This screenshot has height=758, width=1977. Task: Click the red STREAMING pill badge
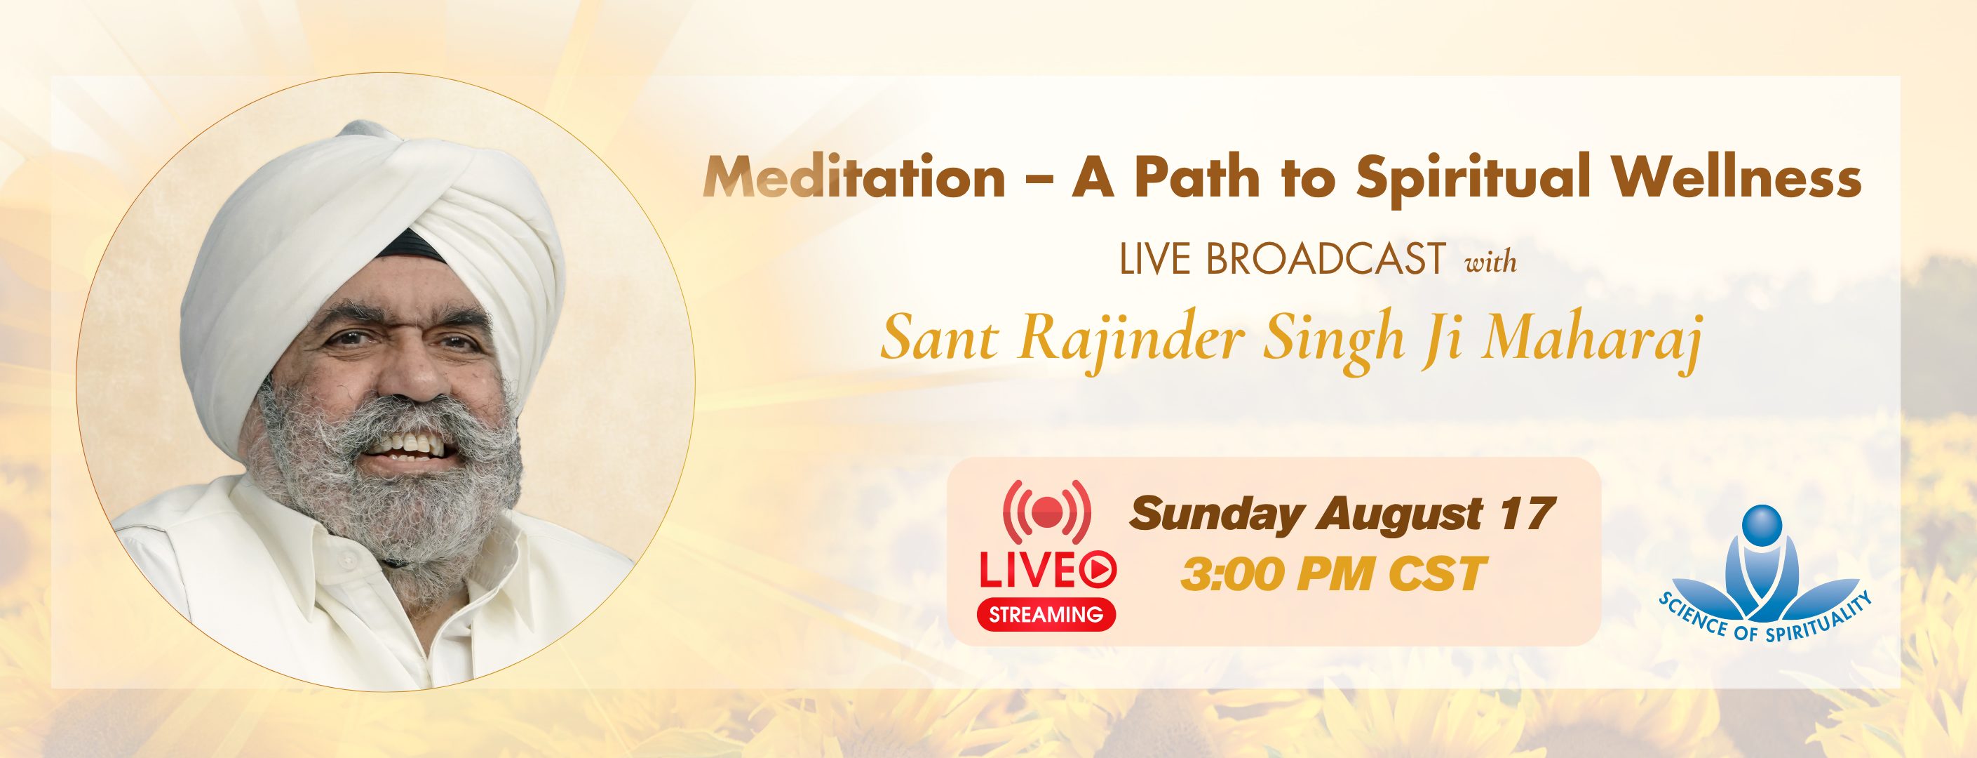point(1045,613)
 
